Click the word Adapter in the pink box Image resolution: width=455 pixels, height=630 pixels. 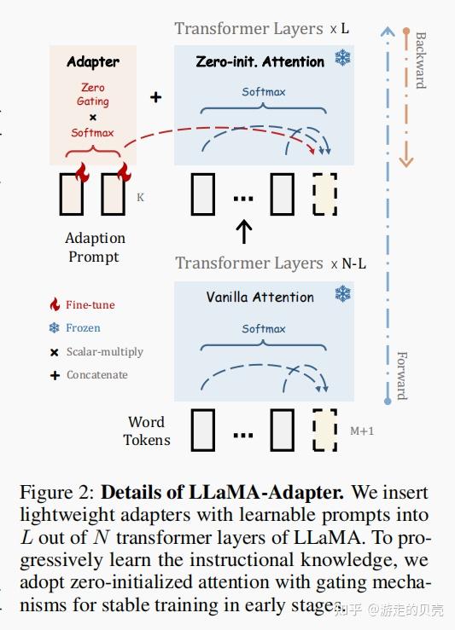click(x=93, y=62)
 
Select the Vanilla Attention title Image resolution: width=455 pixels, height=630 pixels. click(x=260, y=297)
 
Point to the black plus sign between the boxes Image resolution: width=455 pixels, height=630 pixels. click(x=155, y=98)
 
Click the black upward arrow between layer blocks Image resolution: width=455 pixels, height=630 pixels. click(x=244, y=230)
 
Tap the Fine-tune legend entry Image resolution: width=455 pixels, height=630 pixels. click(x=90, y=304)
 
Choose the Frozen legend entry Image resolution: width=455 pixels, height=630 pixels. click(x=83, y=327)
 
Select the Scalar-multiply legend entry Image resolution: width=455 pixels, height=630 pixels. click(x=104, y=351)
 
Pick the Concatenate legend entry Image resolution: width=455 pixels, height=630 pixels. click(x=96, y=374)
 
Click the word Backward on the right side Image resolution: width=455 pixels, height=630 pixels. click(x=420, y=60)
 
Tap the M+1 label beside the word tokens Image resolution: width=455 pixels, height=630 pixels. click(x=362, y=431)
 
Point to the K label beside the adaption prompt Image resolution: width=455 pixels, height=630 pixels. click(x=140, y=197)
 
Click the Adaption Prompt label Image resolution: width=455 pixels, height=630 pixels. click(x=95, y=247)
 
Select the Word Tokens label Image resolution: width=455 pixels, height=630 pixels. click(x=147, y=431)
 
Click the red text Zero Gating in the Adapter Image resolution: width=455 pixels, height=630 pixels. click(x=93, y=94)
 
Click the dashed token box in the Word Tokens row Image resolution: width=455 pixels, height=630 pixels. click(x=325, y=430)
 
